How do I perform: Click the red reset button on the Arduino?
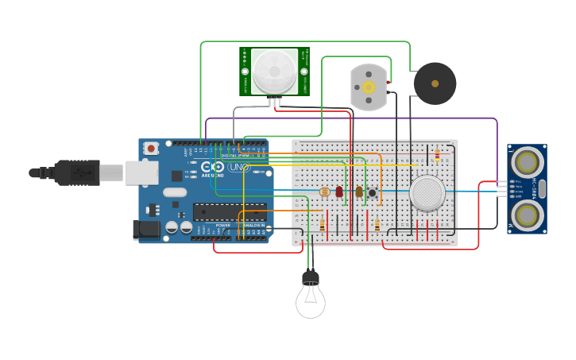pos(151,149)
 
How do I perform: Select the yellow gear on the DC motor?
pos(368,87)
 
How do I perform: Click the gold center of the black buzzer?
pos(435,83)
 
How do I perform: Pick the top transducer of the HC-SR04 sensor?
pos(526,163)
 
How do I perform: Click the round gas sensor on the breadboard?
pos(427,192)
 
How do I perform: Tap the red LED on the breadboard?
pos(339,192)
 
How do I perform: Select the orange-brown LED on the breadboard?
pos(359,192)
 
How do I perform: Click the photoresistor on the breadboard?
pos(323,192)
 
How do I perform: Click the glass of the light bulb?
pos(310,301)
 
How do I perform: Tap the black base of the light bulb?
pos(311,277)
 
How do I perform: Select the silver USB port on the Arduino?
pos(141,172)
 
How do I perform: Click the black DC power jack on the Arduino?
pos(145,230)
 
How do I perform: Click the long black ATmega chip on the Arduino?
pos(230,212)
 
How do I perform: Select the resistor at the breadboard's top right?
pos(436,156)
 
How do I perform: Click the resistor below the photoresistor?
pos(322,225)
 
